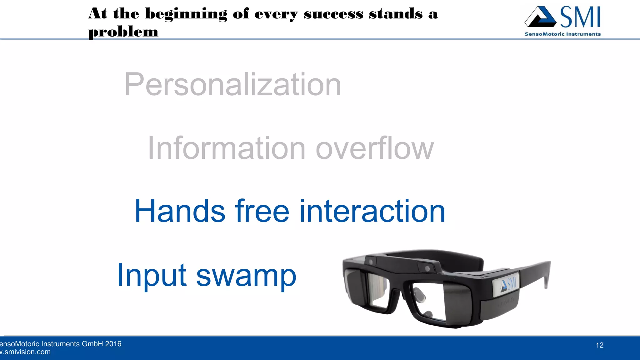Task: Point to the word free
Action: click(x=262, y=212)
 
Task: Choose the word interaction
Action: click(x=372, y=212)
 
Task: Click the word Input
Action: click(x=152, y=275)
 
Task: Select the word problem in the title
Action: click(x=123, y=32)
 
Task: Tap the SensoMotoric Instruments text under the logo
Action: click(x=562, y=34)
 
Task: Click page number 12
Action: click(x=599, y=345)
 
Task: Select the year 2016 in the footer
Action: click(x=113, y=344)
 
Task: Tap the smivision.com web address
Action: click(x=27, y=352)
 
